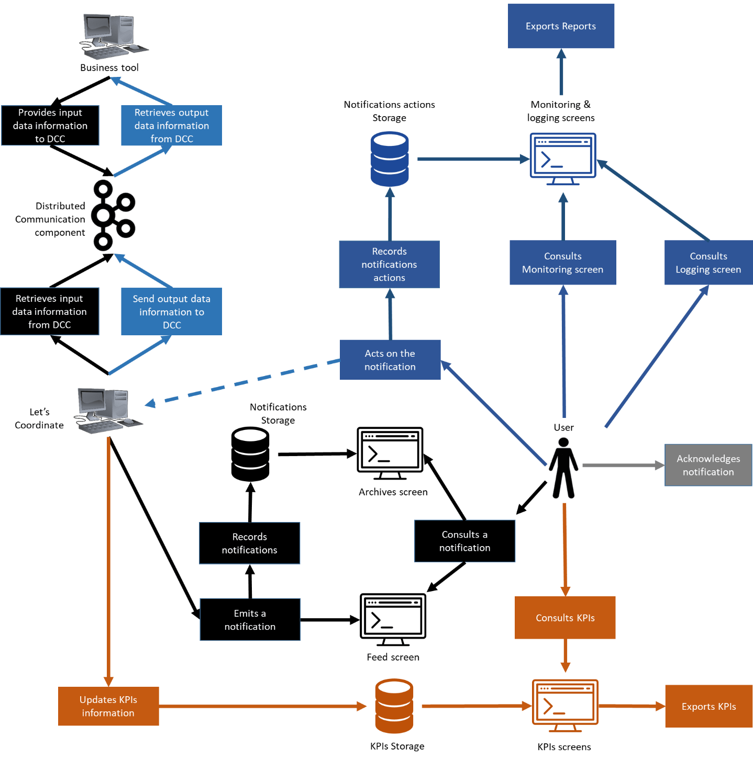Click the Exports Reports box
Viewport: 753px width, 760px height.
click(561, 26)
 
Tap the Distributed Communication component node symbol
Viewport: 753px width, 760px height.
click(113, 215)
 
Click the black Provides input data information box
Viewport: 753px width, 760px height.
click(50, 126)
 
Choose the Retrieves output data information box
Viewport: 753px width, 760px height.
click(171, 126)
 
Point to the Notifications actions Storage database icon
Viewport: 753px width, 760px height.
click(390, 159)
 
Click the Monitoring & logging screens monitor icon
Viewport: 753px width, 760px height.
click(563, 158)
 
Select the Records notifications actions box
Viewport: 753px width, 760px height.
click(390, 264)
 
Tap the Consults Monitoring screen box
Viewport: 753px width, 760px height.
click(563, 263)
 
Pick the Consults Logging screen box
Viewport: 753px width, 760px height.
click(708, 263)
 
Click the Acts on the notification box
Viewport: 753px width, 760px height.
click(390, 360)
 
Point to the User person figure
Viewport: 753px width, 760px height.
click(563, 468)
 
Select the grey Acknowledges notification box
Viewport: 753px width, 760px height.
click(708, 465)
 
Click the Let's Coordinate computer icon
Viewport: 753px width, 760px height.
click(107, 411)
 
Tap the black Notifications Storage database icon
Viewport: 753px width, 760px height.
click(250, 454)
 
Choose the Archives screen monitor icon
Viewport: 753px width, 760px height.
click(390, 453)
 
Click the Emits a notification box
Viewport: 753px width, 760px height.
click(250, 620)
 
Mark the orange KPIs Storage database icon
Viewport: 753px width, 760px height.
click(394, 706)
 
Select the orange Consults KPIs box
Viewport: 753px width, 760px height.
click(565, 618)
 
